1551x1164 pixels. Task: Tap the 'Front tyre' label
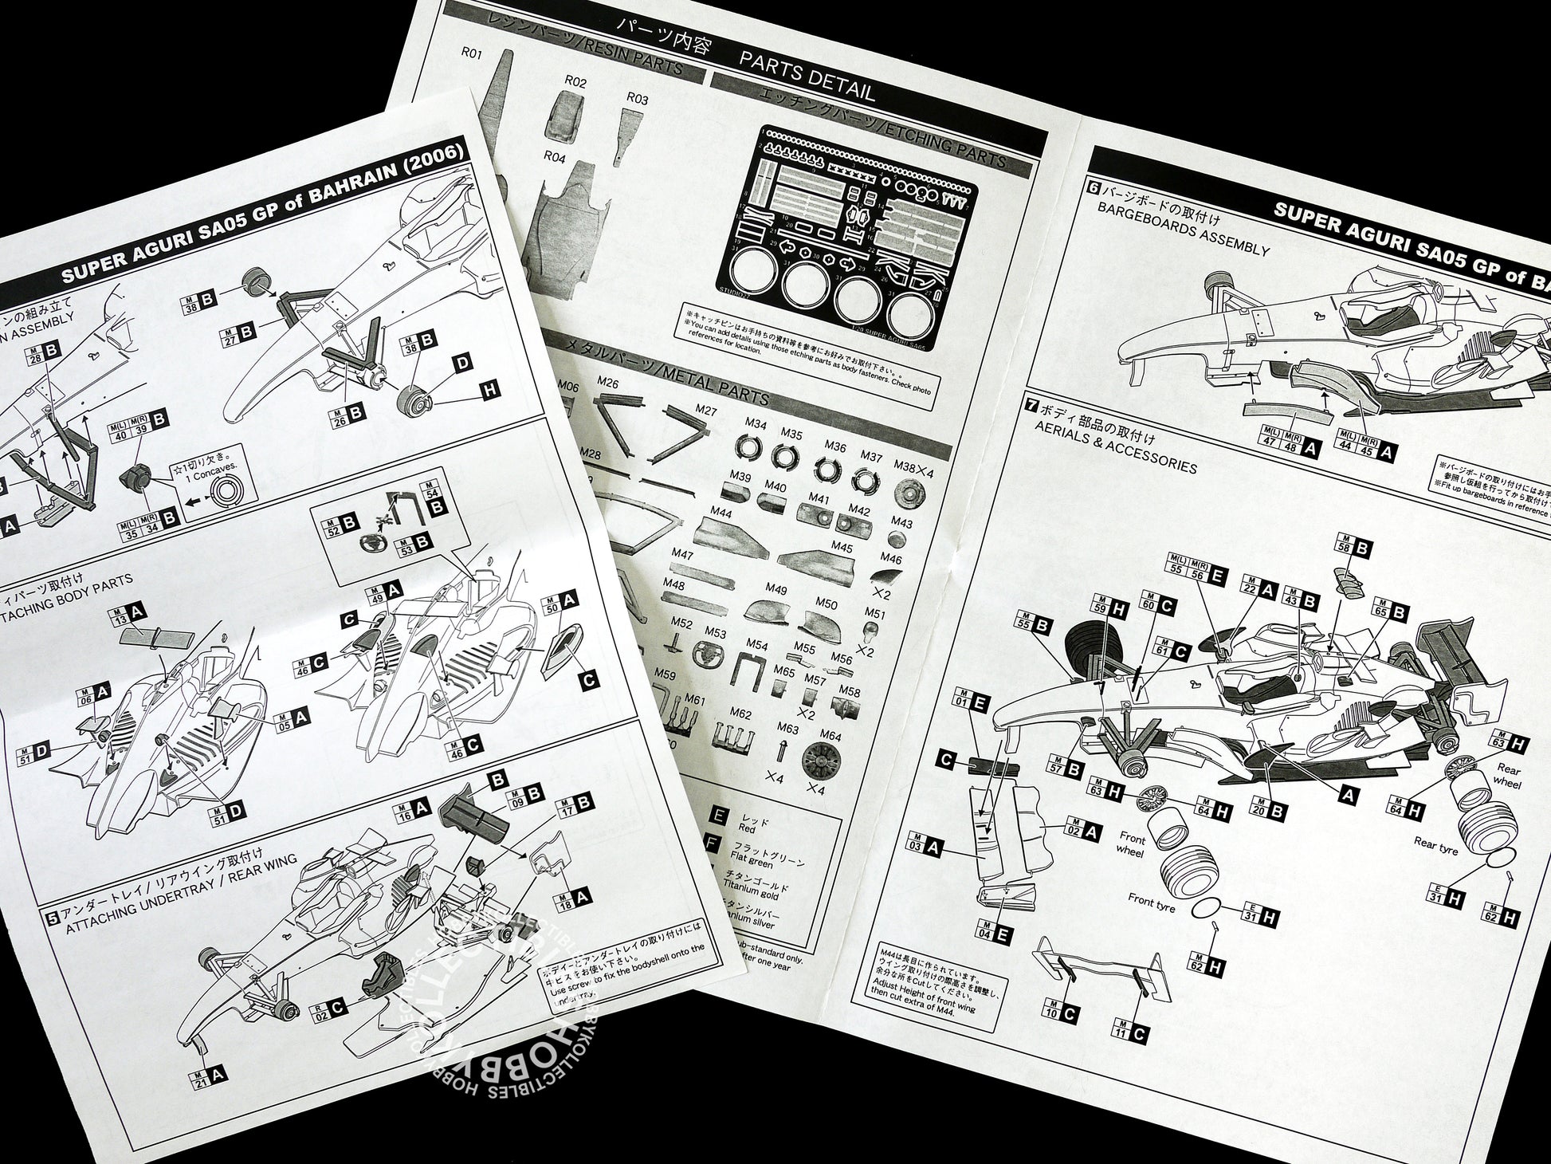1151,902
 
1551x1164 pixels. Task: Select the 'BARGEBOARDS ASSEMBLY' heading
1183,237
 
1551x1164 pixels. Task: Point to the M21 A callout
208,1076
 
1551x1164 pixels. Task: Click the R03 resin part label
638,99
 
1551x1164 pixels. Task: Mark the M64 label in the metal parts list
830,736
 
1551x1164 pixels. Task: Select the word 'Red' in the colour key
747,829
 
